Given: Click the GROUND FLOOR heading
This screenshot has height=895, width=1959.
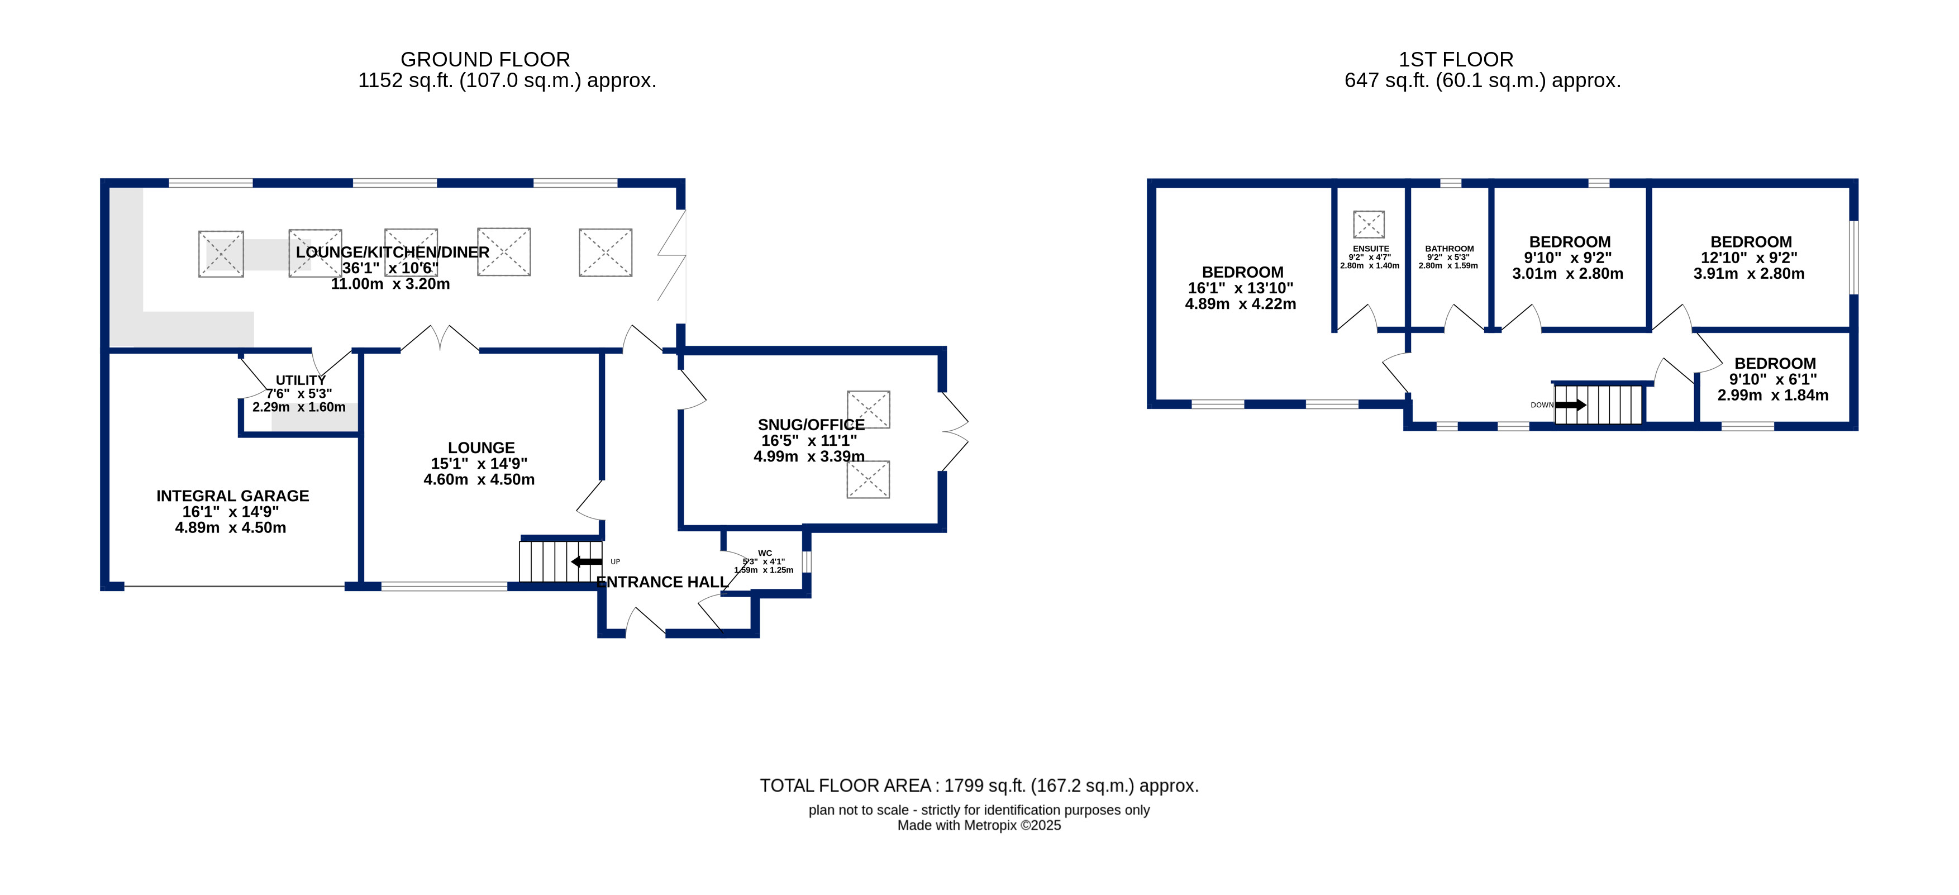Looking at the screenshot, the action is pyautogui.click(x=485, y=59).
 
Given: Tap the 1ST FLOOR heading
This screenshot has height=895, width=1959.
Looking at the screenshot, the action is pyautogui.click(x=1456, y=59).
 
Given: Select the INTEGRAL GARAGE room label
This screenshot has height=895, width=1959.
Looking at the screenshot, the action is pyautogui.click(x=233, y=496).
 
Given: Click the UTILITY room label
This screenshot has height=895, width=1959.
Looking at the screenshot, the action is pyautogui.click(x=301, y=380).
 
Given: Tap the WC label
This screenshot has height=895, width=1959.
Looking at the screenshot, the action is pyautogui.click(x=765, y=554).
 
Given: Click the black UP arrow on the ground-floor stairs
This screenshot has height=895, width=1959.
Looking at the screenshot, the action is pyautogui.click(x=587, y=562).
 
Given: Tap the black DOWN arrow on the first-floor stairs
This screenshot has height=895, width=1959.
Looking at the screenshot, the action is pyautogui.click(x=1570, y=405).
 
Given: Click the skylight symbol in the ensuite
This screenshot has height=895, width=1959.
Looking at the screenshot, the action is pyautogui.click(x=1369, y=225).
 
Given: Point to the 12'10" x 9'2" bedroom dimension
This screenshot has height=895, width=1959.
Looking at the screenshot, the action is pyautogui.click(x=1749, y=258).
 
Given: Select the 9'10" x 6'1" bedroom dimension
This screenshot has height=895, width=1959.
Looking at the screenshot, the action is pyautogui.click(x=1774, y=379).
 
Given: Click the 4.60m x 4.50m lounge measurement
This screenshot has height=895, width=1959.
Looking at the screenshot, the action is pyautogui.click(x=479, y=480).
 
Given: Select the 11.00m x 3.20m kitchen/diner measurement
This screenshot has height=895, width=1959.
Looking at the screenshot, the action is pyautogui.click(x=390, y=284).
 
